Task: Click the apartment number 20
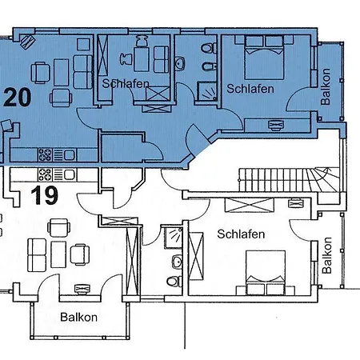[18, 98]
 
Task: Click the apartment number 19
[44, 195]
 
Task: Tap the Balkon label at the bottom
[78, 318]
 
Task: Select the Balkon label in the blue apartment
[326, 86]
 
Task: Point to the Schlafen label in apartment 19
[241, 234]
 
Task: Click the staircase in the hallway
[289, 179]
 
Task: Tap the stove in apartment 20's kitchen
[45, 155]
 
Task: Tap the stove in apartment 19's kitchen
[45, 174]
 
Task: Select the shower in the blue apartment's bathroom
[207, 91]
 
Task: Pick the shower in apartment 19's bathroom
[173, 238]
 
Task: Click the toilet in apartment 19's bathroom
[174, 281]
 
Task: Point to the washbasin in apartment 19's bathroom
[178, 262]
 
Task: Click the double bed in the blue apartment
[264, 58]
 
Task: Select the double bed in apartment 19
[266, 273]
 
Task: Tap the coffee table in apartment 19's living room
[58, 254]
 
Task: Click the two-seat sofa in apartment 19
[37, 255]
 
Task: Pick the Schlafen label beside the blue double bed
[250, 89]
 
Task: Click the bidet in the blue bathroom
[209, 66]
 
